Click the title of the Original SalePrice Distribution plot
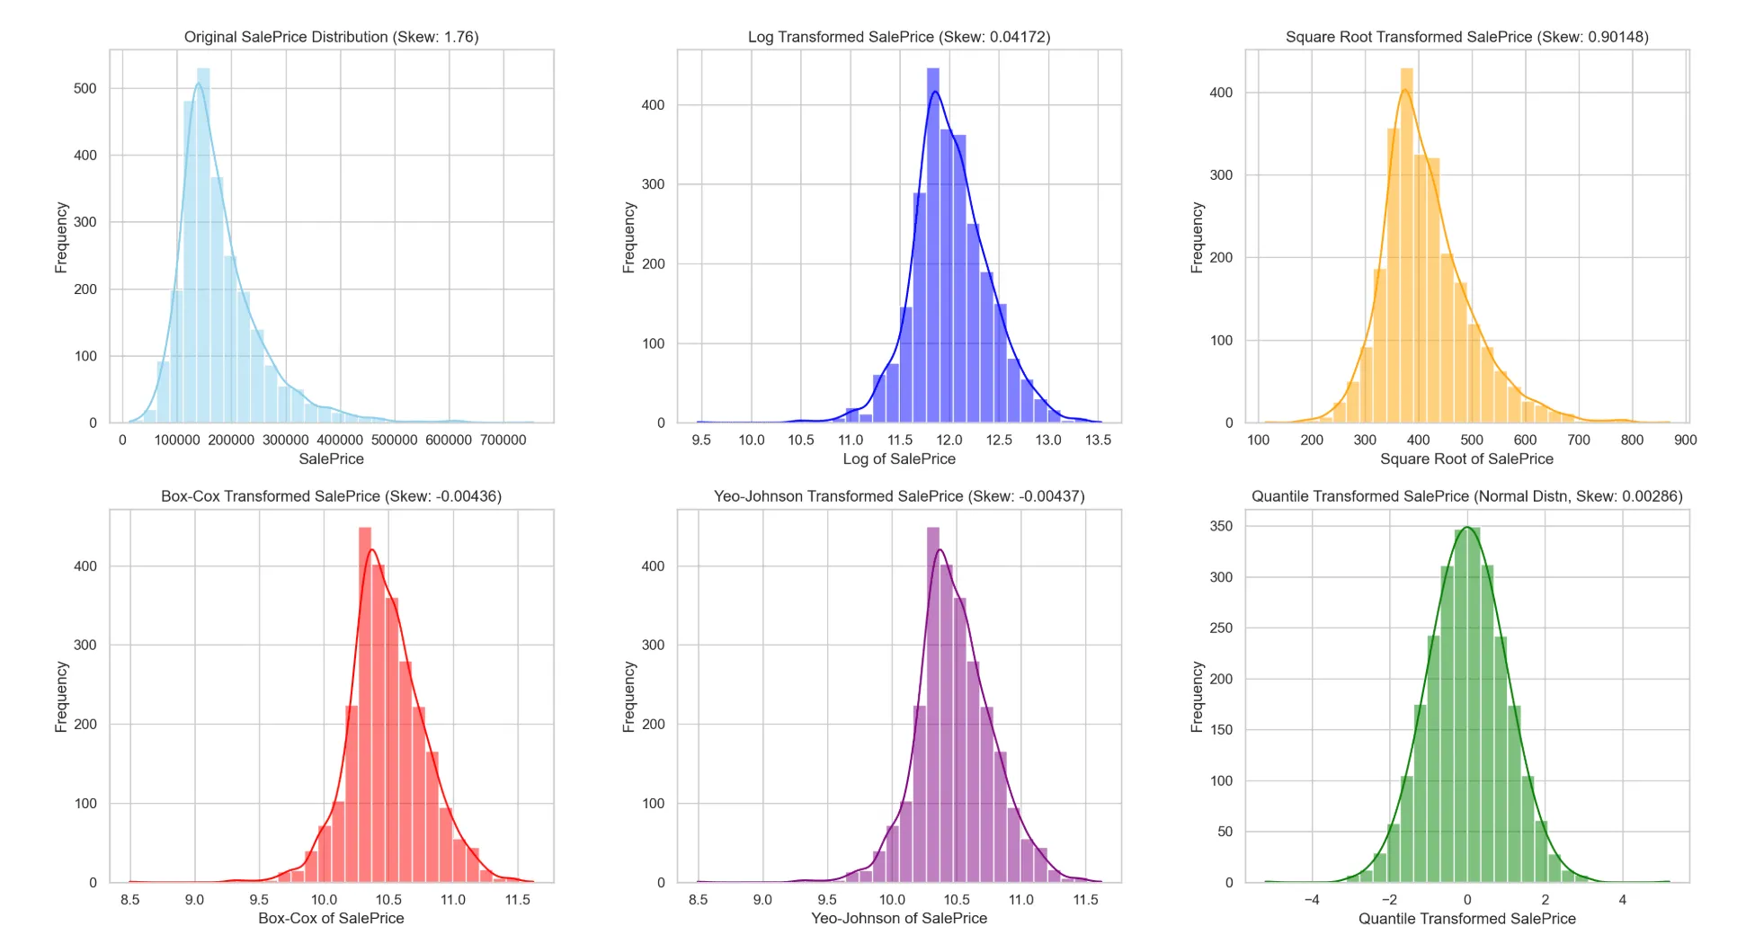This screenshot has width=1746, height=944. click(x=331, y=37)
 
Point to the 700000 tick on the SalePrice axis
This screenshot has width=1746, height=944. click(x=503, y=440)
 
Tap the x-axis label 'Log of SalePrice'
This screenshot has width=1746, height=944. click(x=899, y=459)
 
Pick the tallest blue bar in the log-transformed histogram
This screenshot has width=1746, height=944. click(x=933, y=245)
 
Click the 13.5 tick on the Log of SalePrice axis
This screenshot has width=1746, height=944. click(x=1098, y=440)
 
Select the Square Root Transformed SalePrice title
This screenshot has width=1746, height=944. click(x=1466, y=37)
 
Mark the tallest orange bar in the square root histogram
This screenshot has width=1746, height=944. click(x=1407, y=245)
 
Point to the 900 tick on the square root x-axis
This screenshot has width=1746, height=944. click(x=1686, y=440)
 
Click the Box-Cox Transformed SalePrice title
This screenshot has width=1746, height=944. click(x=331, y=496)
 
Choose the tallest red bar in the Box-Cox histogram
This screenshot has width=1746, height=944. click(x=365, y=705)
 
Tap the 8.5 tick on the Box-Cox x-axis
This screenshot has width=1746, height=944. click(x=130, y=899)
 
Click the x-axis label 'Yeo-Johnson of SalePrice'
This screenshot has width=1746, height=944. click(x=899, y=918)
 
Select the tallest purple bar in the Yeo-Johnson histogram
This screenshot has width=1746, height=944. click(x=933, y=705)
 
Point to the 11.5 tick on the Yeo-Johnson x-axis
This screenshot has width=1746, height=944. click(x=1086, y=899)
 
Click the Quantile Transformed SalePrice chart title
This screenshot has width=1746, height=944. click(x=1466, y=496)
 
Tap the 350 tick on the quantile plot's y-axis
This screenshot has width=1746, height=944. click(x=1221, y=526)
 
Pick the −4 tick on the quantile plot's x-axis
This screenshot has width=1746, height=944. click(x=1312, y=899)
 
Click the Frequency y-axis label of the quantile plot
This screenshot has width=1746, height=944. click(x=1197, y=697)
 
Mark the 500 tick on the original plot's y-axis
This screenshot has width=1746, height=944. click(x=85, y=88)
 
